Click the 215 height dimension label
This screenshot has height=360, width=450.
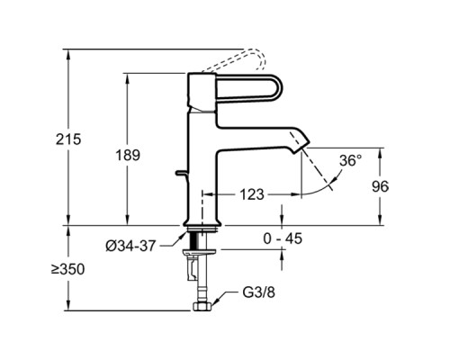(x=68, y=139)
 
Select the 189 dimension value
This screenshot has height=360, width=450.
(x=128, y=156)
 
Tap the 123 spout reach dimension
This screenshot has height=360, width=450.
(x=252, y=194)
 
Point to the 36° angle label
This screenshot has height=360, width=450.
(x=350, y=161)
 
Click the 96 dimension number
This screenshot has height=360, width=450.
(x=380, y=186)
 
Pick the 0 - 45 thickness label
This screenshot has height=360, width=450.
(x=283, y=238)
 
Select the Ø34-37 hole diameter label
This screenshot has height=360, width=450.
(x=130, y=247)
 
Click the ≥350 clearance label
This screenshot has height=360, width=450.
(x=67, y=269)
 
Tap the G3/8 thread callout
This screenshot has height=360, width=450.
(x=258, y=292)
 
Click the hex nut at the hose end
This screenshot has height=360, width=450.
(x=202, y=307)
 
